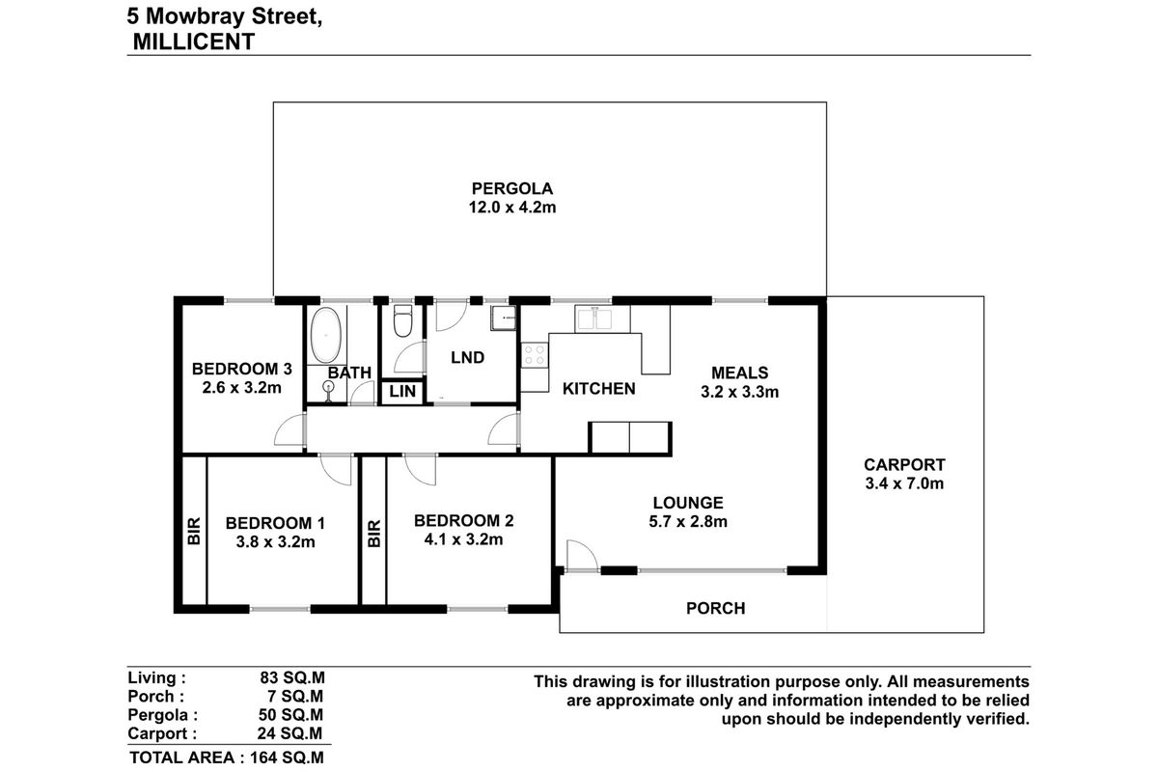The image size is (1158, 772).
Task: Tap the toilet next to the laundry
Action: (402, 323)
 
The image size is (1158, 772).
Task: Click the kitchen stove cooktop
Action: (533, 355)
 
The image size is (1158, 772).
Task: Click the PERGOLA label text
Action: (511, 189)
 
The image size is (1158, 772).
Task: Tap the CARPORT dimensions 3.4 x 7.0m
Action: (904, 483)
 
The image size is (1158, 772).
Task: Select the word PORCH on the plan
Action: (715, 608)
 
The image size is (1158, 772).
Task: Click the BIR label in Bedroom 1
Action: (194, 532)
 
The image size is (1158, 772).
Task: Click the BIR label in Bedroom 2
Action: (374, 534)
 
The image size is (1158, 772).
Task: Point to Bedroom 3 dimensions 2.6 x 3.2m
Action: (241, 389)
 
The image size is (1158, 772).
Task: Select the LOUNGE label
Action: (688, 503)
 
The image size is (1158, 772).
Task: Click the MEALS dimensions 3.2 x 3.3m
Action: (739, 392)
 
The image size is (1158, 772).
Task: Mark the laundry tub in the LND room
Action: (502, 317)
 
